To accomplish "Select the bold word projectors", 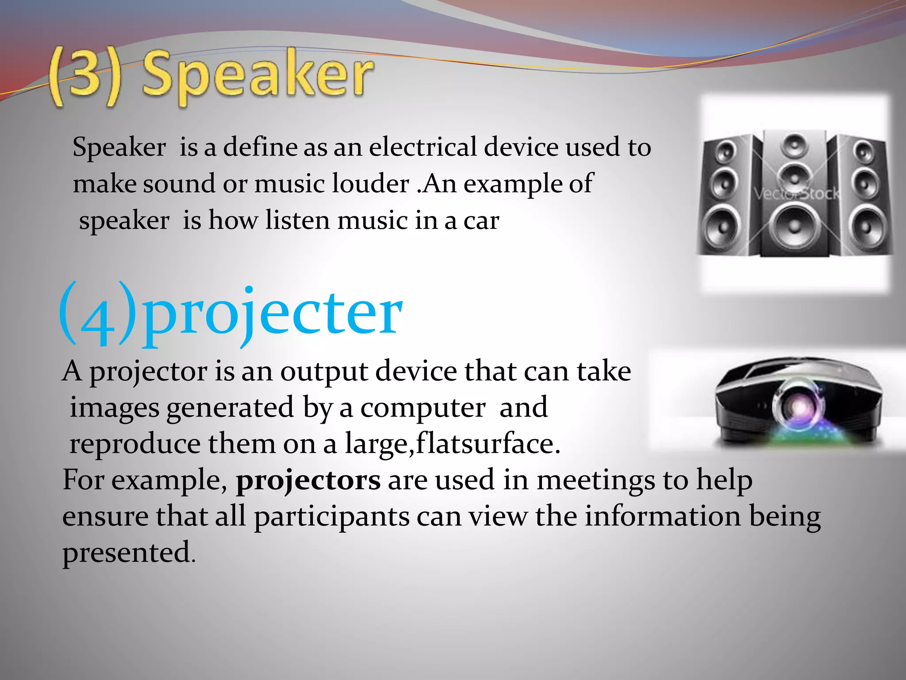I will (308, 480).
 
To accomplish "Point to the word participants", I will (332, 517).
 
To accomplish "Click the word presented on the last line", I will (127, 553).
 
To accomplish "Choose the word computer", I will (422, 408).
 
